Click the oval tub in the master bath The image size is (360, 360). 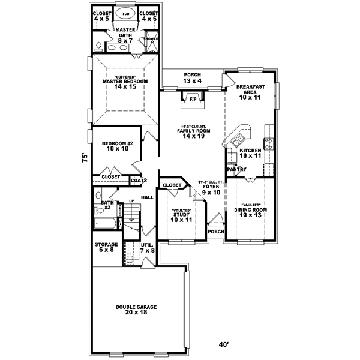point(125,13)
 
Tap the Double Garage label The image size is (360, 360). point(136,310)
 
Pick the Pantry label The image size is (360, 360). point(236,169)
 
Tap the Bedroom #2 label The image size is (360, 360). point(113,146)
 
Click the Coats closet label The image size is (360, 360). point(139,180)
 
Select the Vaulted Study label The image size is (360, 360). point(181,215)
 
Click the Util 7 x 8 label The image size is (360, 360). point(147,247)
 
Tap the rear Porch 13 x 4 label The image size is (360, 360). point(193,78)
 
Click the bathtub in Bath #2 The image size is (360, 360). point(107,224)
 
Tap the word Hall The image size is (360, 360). point(147,197)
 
